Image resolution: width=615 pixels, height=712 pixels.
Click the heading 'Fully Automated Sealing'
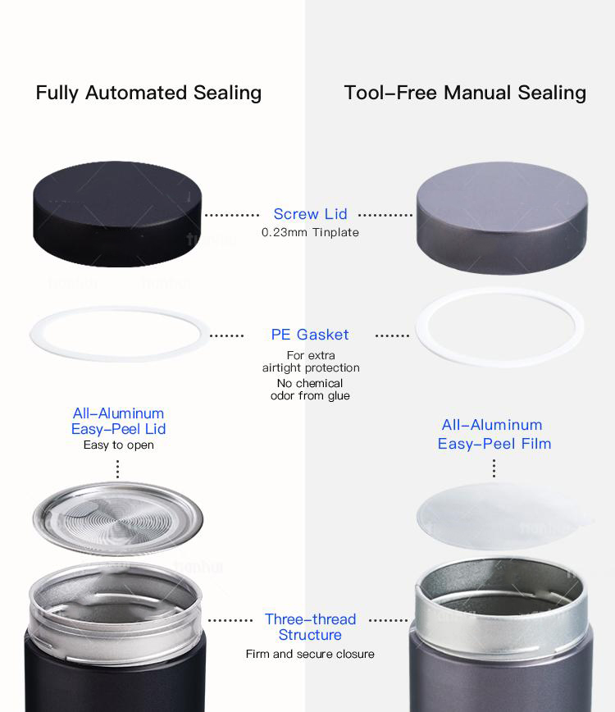148,93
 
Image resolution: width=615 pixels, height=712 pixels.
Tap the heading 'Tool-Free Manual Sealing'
465,93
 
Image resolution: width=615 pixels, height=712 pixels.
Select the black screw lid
117,214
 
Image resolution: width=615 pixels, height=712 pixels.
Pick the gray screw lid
502,218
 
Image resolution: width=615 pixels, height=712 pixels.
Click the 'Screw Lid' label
311,214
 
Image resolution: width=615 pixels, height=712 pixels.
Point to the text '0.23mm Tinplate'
310,232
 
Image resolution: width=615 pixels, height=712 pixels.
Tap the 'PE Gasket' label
310,335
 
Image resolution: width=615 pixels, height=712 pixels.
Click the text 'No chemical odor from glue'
310,390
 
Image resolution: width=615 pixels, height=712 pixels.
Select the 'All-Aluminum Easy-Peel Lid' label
118,421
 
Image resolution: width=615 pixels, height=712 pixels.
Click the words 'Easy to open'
118,445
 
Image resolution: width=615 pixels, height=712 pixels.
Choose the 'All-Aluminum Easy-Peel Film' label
494,434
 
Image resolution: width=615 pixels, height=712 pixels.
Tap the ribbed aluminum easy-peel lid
117,519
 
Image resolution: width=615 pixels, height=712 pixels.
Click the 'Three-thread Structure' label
311,627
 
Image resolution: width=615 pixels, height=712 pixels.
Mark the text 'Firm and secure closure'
310,654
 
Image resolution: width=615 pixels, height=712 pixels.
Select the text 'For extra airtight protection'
311,362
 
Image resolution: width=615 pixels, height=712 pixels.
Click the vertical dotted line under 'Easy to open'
117,469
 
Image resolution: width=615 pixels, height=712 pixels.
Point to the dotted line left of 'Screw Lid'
232,215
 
